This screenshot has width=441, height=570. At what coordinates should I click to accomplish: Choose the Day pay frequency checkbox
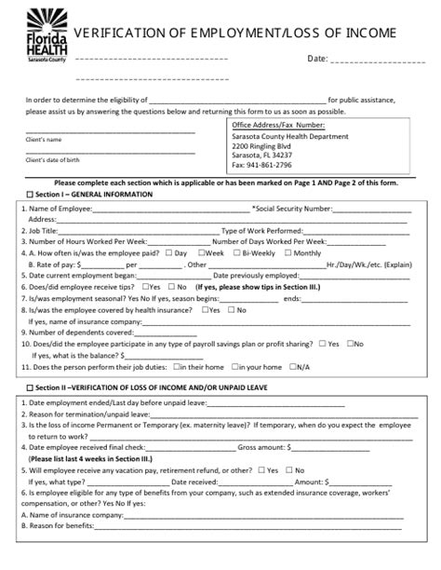click(167, 252)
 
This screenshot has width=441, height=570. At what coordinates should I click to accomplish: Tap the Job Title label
click(46, 230)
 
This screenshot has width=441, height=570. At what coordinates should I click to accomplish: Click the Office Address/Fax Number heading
click(277, 124)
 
